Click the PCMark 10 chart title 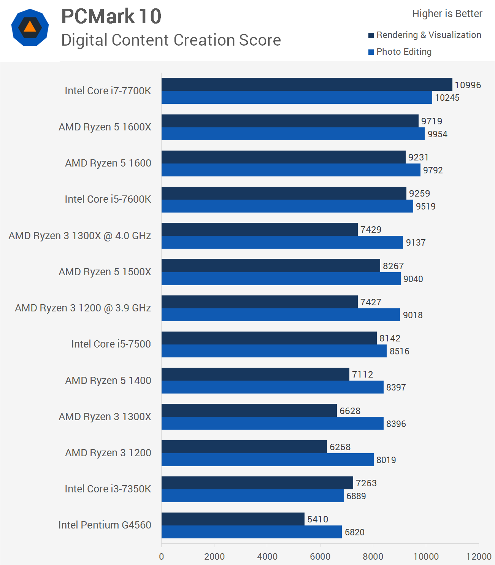(x=111, y=17)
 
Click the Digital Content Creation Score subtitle (x=171, y=40)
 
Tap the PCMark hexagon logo (x=30, y=27)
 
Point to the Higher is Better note (x=447, y=14)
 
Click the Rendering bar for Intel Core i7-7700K (x=306, y=84)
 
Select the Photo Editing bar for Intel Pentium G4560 (x=251, y=532)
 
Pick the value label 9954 (x=437, y=134)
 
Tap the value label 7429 (x=371, y=230)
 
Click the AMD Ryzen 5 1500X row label (x=105, y=272)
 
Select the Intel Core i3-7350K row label (x=108, y=489)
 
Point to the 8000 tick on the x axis (x=373, y=557)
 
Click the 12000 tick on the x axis (x=479, y=557)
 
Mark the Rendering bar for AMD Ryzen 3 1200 (x=244, y=447)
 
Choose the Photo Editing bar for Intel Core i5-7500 (x=274, y=351)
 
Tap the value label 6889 (x=356, y=496)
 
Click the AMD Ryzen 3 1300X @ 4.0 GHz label (x=80, y=236)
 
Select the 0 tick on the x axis (x=162, y=557)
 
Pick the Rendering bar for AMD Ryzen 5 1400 (x=255, y=374)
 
